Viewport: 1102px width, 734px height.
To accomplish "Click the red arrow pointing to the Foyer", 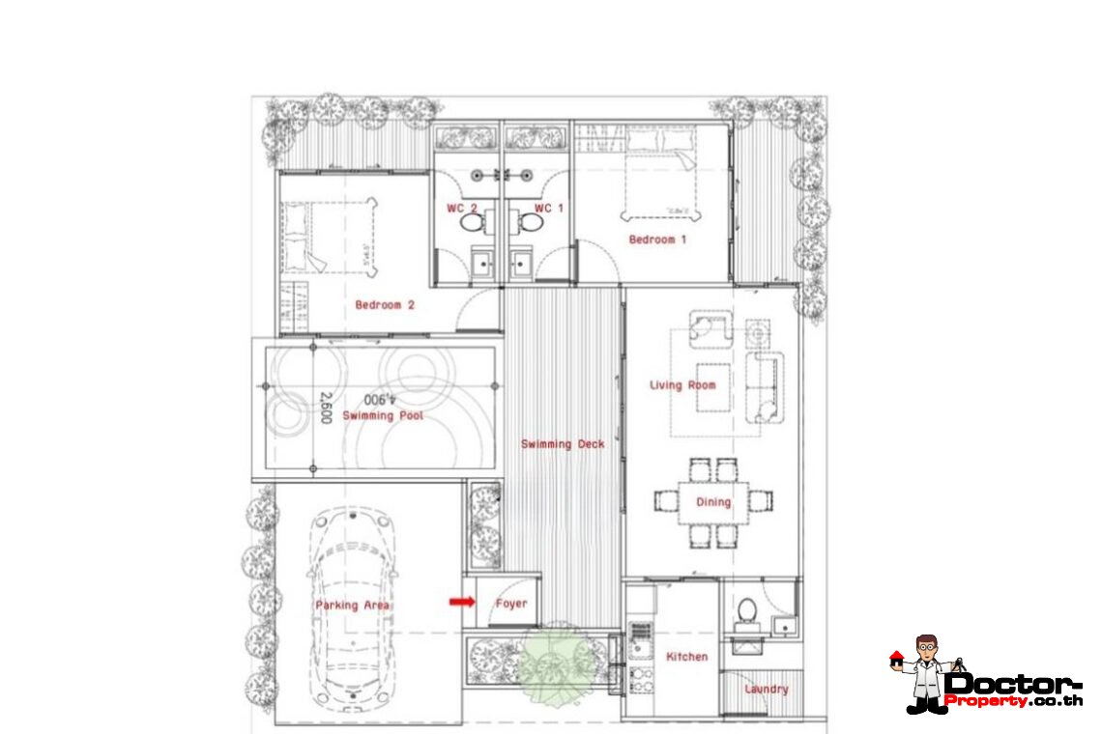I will click(462, 602).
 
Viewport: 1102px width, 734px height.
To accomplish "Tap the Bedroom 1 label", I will click(657, 239).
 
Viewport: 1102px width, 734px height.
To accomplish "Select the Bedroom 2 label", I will click(384, 304).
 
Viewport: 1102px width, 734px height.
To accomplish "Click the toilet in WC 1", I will click(529, 223).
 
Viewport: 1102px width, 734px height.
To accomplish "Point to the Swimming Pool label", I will click(383, 415).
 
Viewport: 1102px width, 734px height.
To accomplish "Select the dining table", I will click(713, 501).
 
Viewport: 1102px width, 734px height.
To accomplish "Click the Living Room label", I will click(682, 384).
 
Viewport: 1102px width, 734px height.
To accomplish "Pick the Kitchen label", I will click(686, 656).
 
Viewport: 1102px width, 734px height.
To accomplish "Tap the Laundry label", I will click(766, 689).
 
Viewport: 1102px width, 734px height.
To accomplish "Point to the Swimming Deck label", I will click(563, 443).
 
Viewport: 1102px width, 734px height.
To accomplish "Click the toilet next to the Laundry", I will click(746, 612).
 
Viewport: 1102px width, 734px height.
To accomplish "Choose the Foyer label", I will click(511, 604).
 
